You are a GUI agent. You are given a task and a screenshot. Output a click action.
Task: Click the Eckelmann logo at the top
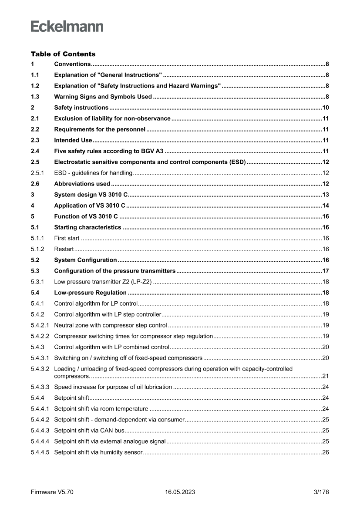click(x=67, y=27)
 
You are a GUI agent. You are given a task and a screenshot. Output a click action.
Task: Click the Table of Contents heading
click(x=63, y=54)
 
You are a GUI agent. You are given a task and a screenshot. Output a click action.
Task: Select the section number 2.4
click(x=35, y=151)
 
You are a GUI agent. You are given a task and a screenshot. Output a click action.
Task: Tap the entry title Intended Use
click(x=73, y=140)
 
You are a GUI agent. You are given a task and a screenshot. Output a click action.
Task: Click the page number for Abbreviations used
click(x=325, y=184)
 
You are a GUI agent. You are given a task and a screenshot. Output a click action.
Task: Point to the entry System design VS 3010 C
click(x=91, y=195)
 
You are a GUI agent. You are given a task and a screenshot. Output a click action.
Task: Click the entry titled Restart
click(x=64, y=249)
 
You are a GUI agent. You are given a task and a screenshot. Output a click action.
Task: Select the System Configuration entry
click(x=85, y=260)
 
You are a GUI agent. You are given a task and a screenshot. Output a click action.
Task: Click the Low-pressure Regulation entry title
click(x=90, y=293)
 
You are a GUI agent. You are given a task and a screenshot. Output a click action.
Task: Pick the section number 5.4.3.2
click(x=40, y=369)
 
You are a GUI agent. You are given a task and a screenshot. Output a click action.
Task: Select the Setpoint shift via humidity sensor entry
click(x=98, y=452)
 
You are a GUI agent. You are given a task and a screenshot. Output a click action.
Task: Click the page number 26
click(x=325, y=452)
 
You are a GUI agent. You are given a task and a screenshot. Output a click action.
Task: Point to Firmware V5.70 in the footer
click(x=52, y=492)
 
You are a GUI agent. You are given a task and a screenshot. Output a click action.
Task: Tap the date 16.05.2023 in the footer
click(x=180, y=492)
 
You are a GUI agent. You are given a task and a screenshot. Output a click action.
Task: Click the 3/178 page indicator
click(x=321, y=492)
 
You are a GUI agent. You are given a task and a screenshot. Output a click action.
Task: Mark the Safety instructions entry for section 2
click(x=81, y=108)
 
